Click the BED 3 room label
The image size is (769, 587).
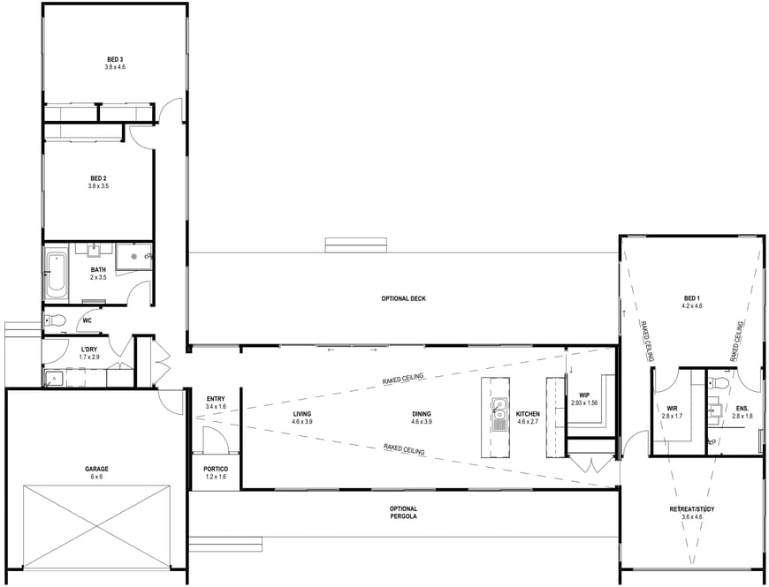coord(115,60)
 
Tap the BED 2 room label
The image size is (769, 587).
coord(99,178)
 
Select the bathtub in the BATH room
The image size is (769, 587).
coord(56,275)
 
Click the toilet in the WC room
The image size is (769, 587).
coord(55,320)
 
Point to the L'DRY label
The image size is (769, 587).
coord(88,349)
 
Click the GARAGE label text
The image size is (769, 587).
coord(96,469)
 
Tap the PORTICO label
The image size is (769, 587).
coord(216,469)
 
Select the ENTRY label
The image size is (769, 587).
coord(216,399)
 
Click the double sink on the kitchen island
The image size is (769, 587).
coord(499,415)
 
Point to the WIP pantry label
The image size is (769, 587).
coord(584,395)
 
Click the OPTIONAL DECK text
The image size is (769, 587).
coord(404,298)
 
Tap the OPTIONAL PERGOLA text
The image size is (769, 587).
coord(404,513)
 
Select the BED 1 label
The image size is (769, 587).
coord(691,298)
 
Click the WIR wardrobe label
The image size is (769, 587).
coord(672,409)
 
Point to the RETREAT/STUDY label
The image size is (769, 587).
coord(692,509)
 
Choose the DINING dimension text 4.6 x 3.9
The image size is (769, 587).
coord(422,422)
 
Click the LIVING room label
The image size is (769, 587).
coord(302,414)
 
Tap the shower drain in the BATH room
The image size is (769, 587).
coord(133,256)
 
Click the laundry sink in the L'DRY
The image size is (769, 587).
coord(53,379)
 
